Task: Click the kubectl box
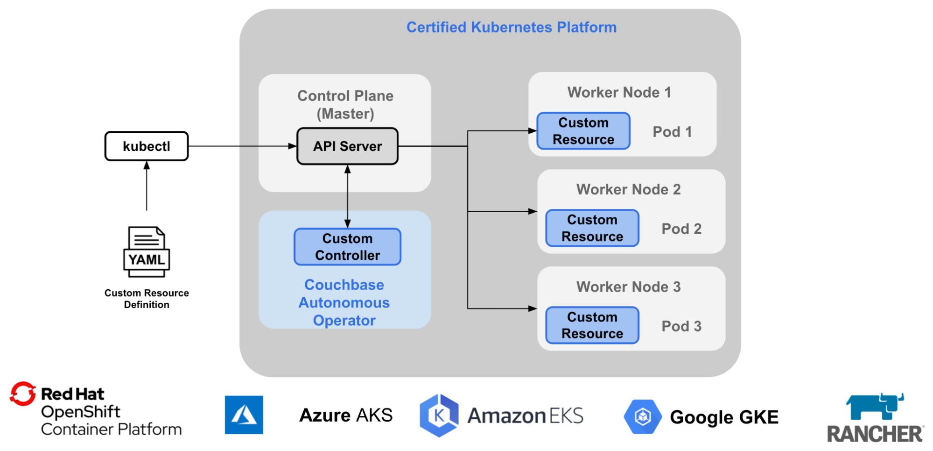pyautogui.click(x=147, y=146)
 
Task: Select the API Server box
pyautogui.click(x=347, y=146)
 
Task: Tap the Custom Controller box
pyautogui.click(x=347, y=247)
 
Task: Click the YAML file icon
pyautogui.click(x=147, y=252)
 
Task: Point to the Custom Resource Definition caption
pyautogui.click(x=147, y=299)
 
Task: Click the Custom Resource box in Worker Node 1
pyautogui.click(x=583, y=131)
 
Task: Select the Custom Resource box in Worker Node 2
pyautogui.click(x=592, y=228)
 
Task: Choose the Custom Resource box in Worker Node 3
pyautogui.click(x=592, y=325)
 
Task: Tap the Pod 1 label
pyautogui.click(x=672, y=132)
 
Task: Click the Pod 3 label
pyautogui.click(x=681, y=326)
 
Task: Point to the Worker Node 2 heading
pyautogui.click(x=628, y=189)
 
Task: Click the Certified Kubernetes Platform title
pyautogui.click(x=512, y=27)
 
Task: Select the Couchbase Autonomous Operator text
pyautogui.click(x=344, y=302)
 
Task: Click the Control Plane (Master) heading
pyautogui.click(x=345, y=105)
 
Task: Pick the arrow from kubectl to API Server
pyautogui.click(x=243, y=146)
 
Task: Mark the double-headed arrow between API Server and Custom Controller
pyautogui.click(x=347, y=196)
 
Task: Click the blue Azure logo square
pyautogui.click(x=244, y=415)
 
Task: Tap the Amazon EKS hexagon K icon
pyautogui.click(x=439, y=415)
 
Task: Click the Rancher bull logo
pyautogui.click(x=875, y=407)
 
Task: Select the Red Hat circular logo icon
pyautogui.click(x=23, y=394)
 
